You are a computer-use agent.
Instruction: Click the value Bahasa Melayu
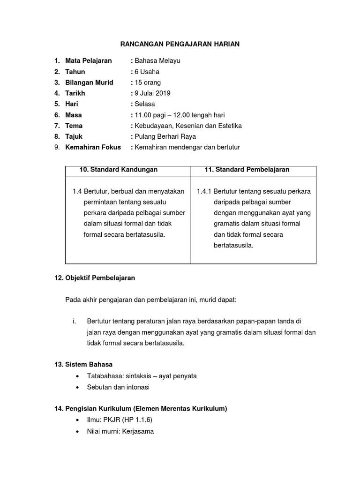(157, 60)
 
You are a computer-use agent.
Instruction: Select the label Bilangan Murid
(89, 82)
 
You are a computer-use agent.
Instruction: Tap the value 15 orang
(148, 82)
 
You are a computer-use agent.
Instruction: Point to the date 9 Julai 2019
(152, 93)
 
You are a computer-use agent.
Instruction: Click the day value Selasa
(145, 104)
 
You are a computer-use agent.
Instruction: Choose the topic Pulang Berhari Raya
(165, 136)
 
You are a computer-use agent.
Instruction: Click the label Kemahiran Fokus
(93, 147)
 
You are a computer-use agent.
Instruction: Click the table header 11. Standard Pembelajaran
(247, 170)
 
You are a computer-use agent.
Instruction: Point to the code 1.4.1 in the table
(204, 191)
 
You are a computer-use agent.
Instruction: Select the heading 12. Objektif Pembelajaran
(95, 278)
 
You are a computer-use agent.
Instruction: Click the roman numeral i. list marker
(74, 321)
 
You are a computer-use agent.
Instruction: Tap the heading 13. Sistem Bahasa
(83, 364)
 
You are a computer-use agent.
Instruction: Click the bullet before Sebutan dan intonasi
(77, 387)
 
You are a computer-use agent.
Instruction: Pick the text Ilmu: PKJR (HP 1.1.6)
(120, 420)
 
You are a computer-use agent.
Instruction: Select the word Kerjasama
(138, 431)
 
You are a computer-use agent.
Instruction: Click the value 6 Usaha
(147, 72)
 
